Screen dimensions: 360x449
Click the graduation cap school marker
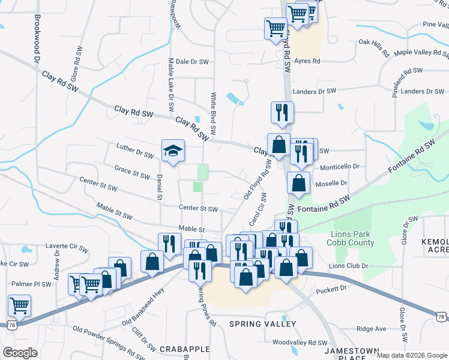(x=172, y=151)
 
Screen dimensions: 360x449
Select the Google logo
(x=20, y=353)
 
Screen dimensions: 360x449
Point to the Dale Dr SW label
(x=191, y=62)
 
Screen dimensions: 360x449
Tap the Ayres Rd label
(x=307, y=62)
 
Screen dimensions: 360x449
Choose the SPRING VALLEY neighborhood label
(x=263, y=324)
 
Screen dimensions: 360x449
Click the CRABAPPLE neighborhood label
(x=184, y=349)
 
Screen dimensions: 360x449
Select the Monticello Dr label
(x=339, y=167)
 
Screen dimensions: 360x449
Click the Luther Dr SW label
(x=135, y=150)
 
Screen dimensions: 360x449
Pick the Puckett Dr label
(x=331, y=289)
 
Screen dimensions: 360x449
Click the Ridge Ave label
(x=371, y=329)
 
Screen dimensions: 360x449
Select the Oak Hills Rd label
(x=375, y=43)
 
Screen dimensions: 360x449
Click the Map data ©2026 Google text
(x=412, y=355)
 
